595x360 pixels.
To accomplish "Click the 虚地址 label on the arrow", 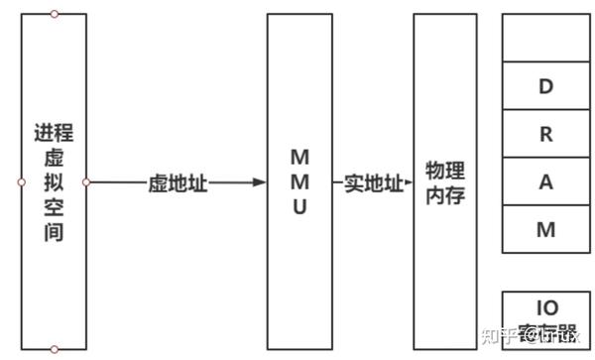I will pos(178,182).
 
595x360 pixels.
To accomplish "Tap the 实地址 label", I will pos(374,182).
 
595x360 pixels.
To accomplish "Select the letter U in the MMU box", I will pos(299,208).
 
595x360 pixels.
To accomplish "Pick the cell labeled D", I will pos(545,86).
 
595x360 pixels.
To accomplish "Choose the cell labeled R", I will pos(545,135).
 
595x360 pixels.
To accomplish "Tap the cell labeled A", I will pos(545,182).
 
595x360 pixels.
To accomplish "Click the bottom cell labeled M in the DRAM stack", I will pos(545,230).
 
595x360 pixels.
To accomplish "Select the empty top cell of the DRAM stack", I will pos(545,38).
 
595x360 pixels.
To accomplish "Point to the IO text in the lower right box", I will pos(546,307).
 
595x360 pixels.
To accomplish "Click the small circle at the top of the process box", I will pos(54,14).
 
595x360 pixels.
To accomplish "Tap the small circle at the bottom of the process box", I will pos(54,349).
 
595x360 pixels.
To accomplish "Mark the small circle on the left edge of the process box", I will pos(21,182).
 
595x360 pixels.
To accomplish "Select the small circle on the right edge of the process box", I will pos(86,182).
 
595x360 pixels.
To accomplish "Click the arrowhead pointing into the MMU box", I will pos(260,182).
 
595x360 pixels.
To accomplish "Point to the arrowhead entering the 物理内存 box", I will pos(408,182).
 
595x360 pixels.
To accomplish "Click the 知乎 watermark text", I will pos(496,335).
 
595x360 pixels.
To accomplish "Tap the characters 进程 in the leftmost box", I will pos(54,133).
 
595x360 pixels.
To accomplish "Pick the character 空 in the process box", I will pos(54,209).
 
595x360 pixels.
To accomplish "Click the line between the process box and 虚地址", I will pos(117,182).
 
